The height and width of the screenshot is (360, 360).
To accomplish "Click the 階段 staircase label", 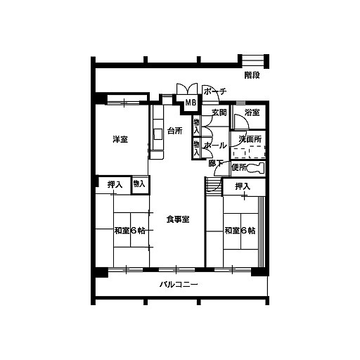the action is (252, 75).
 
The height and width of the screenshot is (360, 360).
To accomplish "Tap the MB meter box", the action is (191, 103).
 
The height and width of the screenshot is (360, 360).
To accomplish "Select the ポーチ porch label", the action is (215, 91).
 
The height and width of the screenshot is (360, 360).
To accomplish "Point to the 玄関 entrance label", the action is (219, 112).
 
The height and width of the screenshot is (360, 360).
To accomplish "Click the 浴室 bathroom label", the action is (252, 112).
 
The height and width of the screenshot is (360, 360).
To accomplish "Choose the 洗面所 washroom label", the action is (250, 139).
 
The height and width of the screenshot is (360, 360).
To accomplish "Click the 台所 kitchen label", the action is (175, 131).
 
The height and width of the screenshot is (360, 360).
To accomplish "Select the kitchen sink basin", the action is (158, 134).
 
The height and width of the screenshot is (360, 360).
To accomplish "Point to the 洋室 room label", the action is (120, 139).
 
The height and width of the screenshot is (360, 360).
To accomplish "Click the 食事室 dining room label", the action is (178, 219).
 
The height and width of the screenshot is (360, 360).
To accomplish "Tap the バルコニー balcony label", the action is (179, 285).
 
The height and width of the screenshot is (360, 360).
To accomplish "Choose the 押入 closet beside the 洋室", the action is (115, 185).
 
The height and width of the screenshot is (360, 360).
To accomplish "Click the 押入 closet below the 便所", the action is (243, 186).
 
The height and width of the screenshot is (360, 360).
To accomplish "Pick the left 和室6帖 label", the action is (129, 231).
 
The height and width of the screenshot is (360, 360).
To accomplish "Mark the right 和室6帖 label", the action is (240, 231).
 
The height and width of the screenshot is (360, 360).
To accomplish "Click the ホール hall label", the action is (216, 146).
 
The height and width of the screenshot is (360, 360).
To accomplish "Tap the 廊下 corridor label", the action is (215, 163).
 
